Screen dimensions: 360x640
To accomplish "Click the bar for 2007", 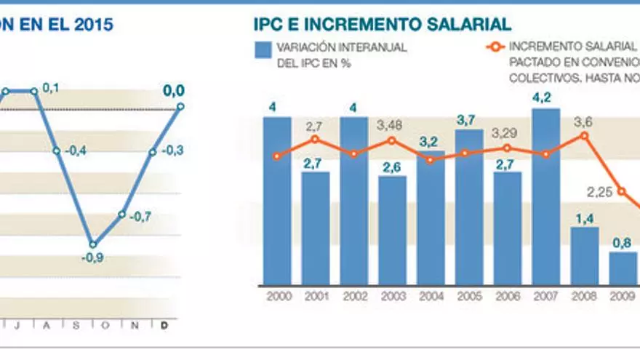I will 546,196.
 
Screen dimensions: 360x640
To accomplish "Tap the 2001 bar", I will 316,228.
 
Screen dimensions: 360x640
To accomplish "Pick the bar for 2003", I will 393,230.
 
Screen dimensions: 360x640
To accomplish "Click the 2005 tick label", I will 469,297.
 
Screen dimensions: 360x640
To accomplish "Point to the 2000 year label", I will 277,297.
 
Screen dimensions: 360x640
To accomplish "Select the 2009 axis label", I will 623,297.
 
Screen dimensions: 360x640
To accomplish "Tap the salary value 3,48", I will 391,125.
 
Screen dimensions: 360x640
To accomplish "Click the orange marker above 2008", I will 585,136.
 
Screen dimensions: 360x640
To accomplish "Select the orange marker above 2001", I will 315,139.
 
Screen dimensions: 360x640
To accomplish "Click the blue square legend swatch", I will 263,49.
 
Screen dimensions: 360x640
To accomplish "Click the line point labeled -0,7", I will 123,215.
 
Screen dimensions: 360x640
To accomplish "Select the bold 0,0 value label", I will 173,91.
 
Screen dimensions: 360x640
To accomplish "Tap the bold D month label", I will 164,325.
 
